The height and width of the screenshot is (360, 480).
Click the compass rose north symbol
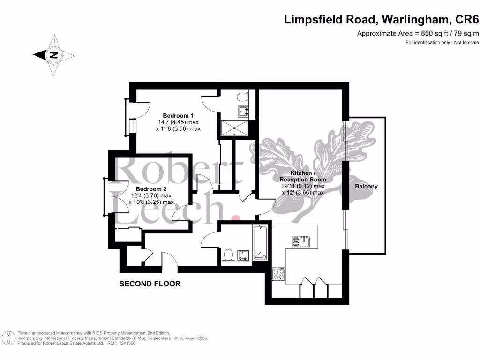54,55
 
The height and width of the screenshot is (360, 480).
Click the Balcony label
366,186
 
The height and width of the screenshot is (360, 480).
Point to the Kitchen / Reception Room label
302,176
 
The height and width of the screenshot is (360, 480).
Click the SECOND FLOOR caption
150,284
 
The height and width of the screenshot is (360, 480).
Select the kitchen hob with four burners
278,274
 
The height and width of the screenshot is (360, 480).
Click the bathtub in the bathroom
260,242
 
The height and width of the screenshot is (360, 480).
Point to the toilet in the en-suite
242,97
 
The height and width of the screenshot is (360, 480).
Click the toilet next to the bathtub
228,255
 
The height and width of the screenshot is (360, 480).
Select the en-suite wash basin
244,111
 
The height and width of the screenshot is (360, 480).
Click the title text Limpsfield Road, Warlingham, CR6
382,19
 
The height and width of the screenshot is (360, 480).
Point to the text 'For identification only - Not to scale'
442,43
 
